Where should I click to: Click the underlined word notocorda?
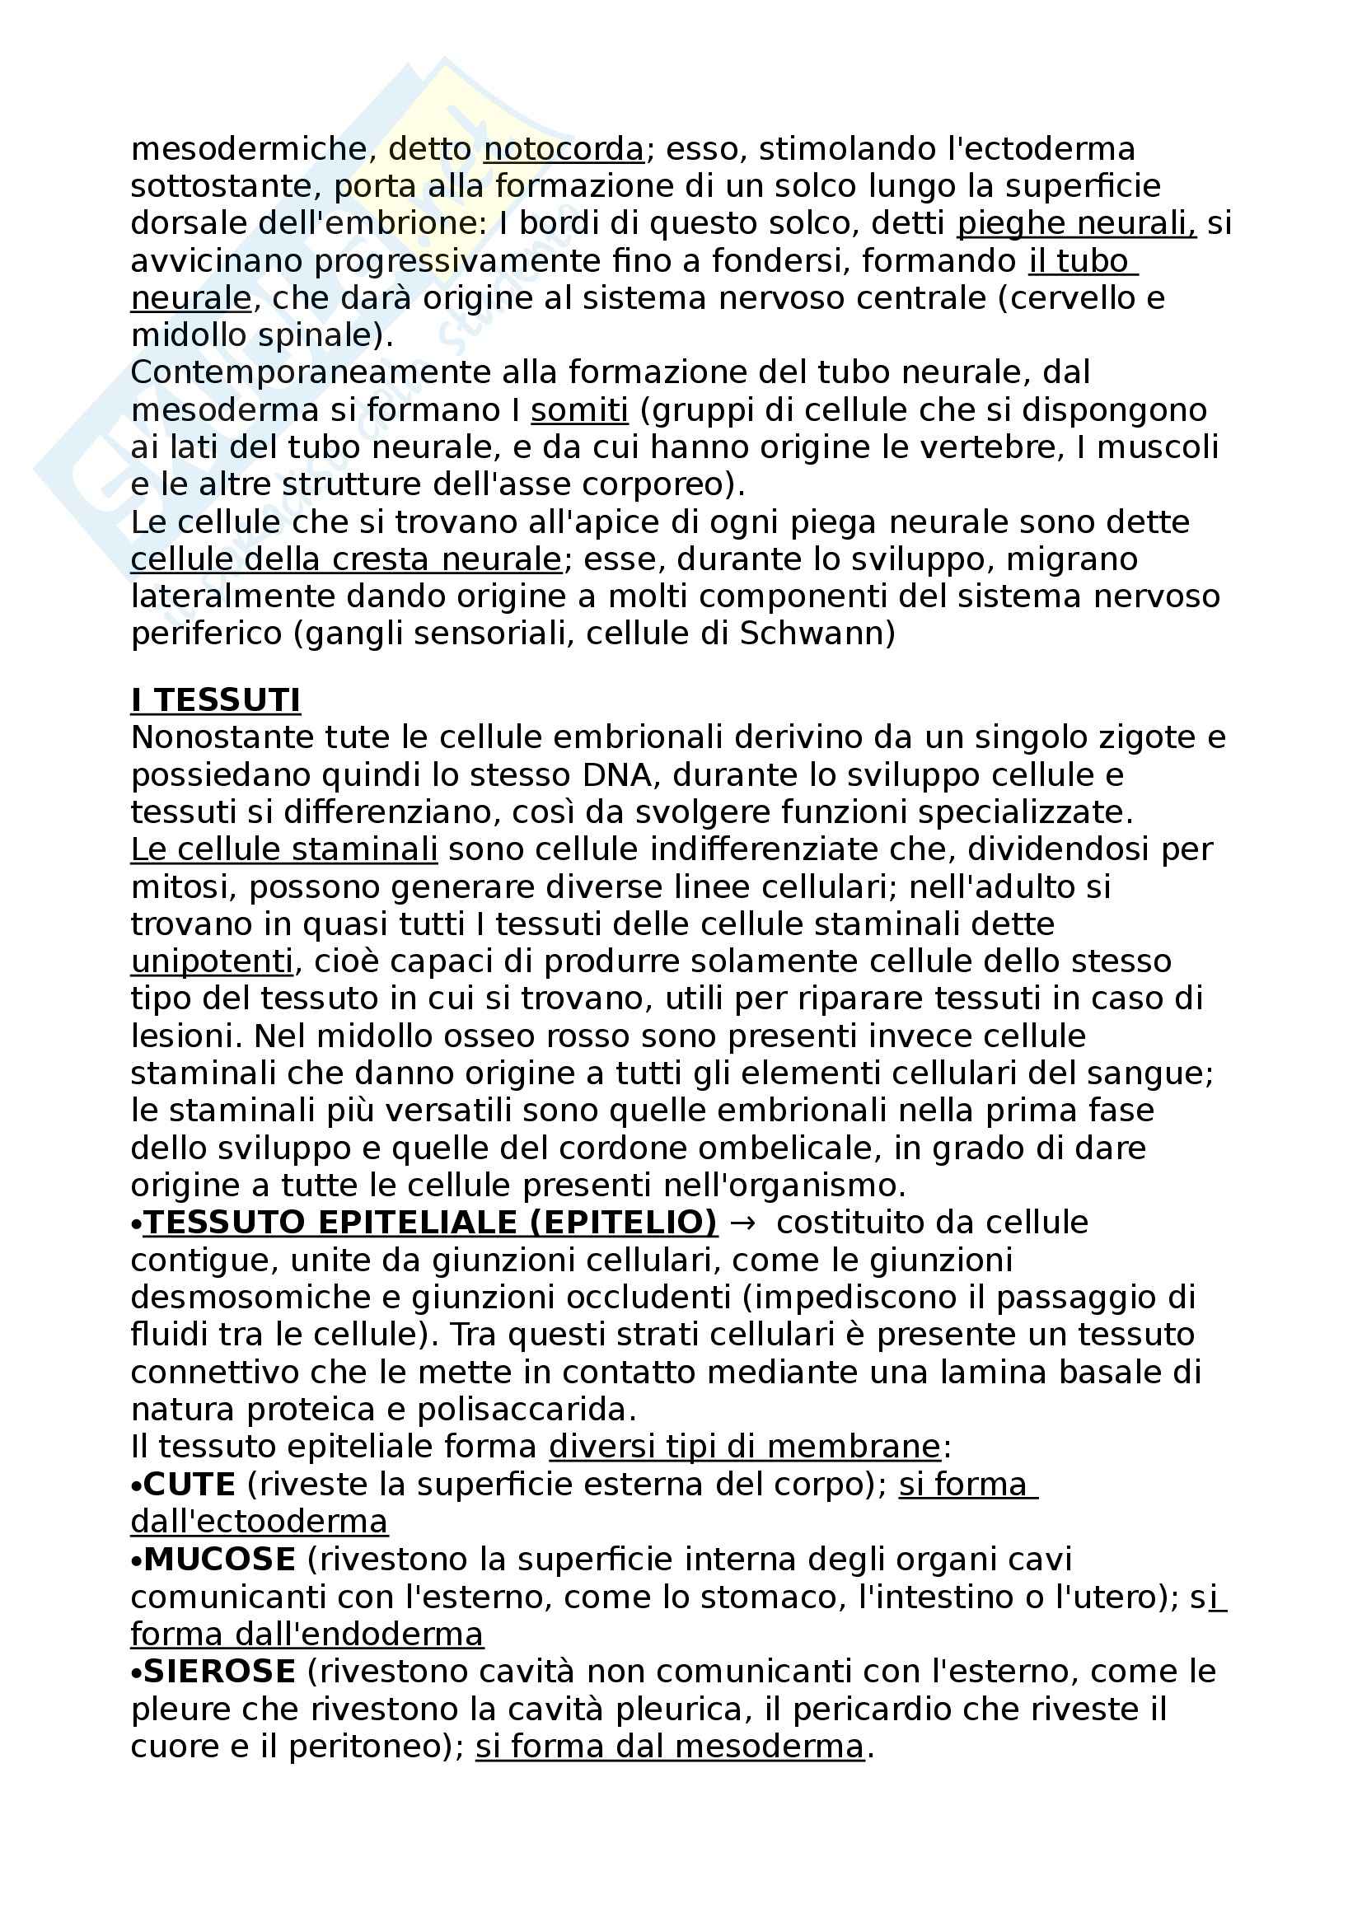coord(563,149)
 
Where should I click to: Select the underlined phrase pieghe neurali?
coord(1076,224)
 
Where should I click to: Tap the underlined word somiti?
coord(579,410)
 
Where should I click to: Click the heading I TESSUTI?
coord(216,700)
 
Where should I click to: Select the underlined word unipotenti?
coord(213,961)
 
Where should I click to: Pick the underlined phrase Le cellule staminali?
coord(283,849)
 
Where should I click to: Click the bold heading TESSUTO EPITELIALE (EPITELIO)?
coord(429,1223)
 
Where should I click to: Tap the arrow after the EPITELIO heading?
coord(742,1223)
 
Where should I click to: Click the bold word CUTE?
coord(190,1485)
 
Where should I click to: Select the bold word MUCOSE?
coord(220,1560)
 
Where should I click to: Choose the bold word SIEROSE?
coord(220,1671)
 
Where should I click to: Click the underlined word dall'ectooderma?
coord(260,1522)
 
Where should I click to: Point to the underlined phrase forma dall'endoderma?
coord(307,1634)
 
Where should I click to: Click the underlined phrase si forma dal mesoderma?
coord(669,1746)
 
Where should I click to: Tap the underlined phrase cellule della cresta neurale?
coord(346,559)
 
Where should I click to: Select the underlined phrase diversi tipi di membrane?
coord(744,1447)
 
